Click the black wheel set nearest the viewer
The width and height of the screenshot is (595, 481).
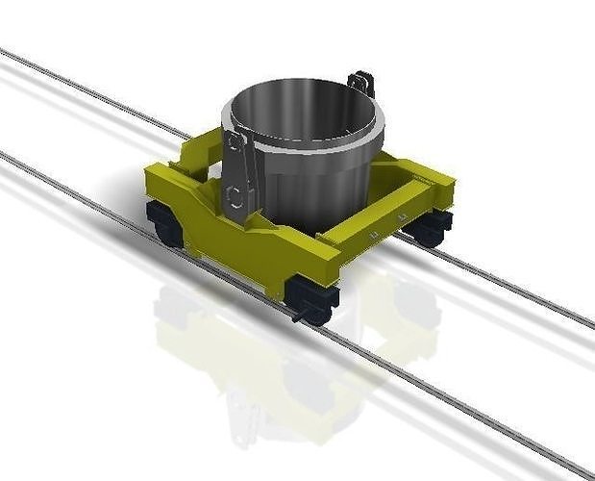point(313,297)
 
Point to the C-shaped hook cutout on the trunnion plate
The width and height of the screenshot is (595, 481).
point(234,196)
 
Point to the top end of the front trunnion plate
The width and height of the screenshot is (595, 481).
point(234,139)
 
